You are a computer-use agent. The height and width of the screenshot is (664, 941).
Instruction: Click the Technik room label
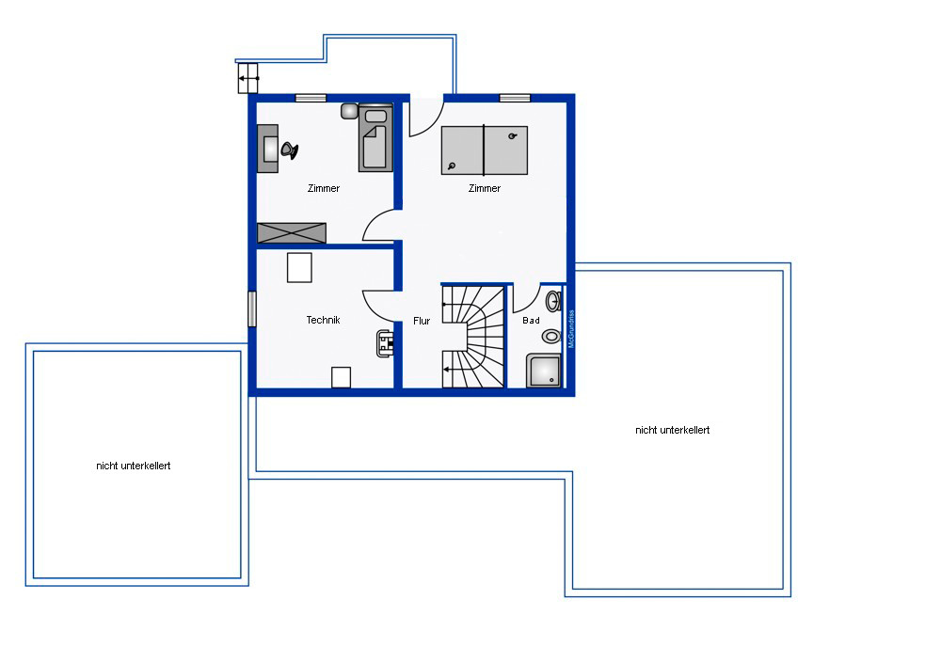point(323,320)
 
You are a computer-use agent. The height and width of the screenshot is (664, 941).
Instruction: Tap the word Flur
point(422,321)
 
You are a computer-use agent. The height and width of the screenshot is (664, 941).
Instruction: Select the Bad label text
point(531,321)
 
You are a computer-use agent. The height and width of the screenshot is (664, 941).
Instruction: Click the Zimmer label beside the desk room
point(324,188)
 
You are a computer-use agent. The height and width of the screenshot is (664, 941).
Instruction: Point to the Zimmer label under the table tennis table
point(485,188)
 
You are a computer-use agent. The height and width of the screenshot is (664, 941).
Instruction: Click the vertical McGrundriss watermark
point(571,328)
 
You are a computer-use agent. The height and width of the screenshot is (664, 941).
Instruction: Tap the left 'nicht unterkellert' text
point(134,466)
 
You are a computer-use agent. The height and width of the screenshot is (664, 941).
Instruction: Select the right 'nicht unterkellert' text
point(672,430)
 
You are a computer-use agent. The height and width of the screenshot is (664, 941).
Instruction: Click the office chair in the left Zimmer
point(289,150)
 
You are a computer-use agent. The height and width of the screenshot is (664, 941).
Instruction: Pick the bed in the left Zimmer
point(375,138)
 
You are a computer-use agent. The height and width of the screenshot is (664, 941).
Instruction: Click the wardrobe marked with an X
point(292,232)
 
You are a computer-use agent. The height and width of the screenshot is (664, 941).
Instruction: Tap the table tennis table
point(485,150)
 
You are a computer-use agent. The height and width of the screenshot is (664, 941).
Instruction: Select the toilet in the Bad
point(551,336)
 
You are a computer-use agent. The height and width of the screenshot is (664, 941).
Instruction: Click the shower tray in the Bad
point(544,371)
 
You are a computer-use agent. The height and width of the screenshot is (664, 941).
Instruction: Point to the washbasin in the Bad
point(553,301)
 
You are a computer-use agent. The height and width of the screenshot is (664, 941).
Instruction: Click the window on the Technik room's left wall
point(252,308)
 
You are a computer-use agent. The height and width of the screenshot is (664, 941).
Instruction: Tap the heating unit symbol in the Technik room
point(385,343)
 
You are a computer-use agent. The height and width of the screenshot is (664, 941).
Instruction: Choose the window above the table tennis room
point(515,98)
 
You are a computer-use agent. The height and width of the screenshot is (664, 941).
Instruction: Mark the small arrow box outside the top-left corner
point(247,79)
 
